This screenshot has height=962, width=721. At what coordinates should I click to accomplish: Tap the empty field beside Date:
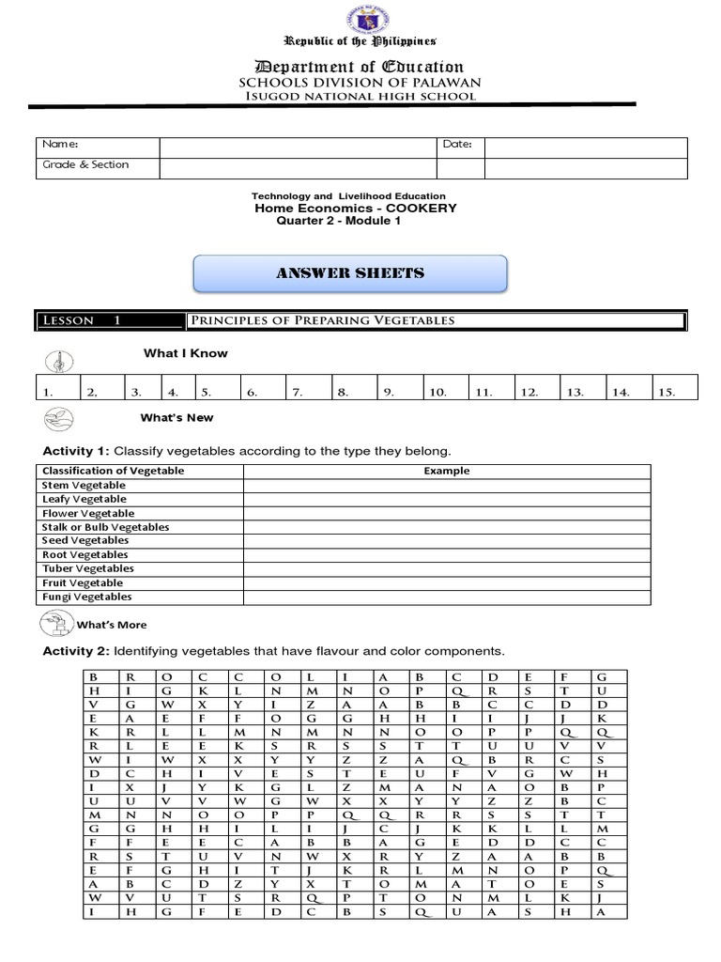tap(585, 147)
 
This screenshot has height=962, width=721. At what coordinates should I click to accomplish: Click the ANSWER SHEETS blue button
tap(349, 273)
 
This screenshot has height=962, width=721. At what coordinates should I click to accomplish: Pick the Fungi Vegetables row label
tap(86, 597)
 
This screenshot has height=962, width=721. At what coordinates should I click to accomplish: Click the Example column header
tap(447, 471)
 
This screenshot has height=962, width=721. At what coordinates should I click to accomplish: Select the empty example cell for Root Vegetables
tap(447, 554)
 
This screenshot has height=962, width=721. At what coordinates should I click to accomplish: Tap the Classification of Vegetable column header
tap(113, 471)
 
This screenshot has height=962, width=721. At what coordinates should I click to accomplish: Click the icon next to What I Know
tap(57, 359)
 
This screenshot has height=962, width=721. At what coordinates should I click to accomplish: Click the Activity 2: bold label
tap(77, 651)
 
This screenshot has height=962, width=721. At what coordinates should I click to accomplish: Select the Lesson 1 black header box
tap(109, 320)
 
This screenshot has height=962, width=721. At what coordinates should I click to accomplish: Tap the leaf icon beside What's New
tap(57, 416)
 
